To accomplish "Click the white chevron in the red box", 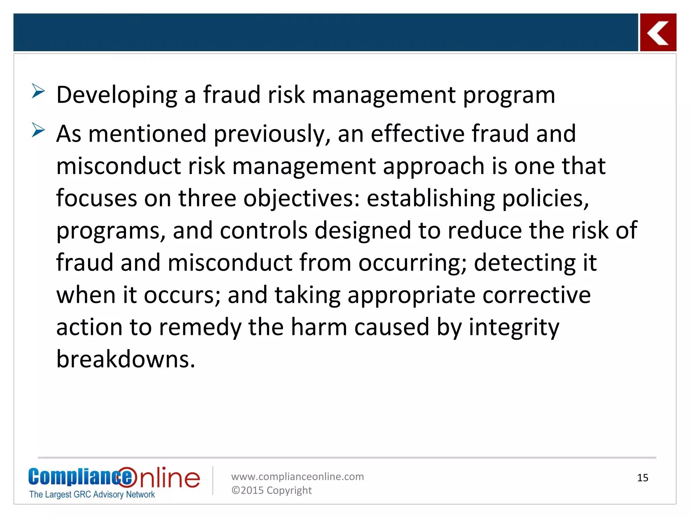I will pyautogui.click(x=658, y=33).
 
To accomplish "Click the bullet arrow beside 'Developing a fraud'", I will pyautogui.click(x=38, y=91).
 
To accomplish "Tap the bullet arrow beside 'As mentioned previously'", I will pyautogui.click(x=38, y=130).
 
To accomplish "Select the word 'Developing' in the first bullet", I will pyautogui.click(x=117, y=95).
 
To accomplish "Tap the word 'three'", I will pyautogui.click(x=207, y=198).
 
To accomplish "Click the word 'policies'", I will pyautogui.click(x=545, y=199).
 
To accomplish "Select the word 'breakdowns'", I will pyautogui.click(x=126, y=359).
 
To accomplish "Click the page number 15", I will pyautogui.click(x=642, y=478).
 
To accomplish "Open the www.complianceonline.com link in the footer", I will pyautogui.click(x=297, y=477).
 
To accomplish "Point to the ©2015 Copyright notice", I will pyautogui.click(x=272, y=490).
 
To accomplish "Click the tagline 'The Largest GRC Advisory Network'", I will pyautogui.click(x=92, y=494).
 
